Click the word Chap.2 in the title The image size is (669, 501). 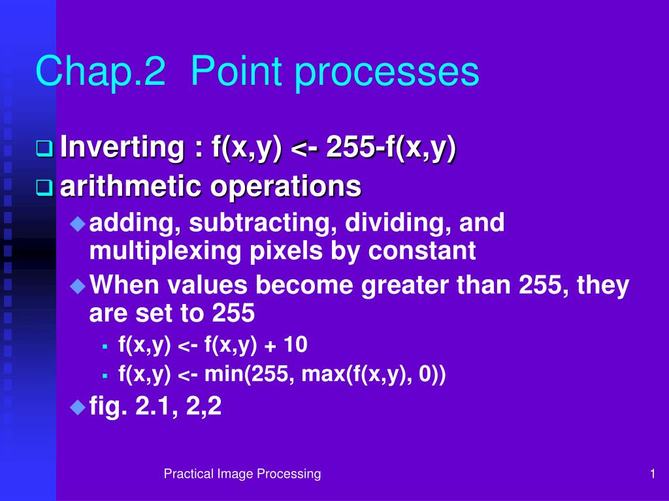point(100,71)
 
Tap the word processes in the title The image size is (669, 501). point(387,72)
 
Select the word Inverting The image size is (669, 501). point(122,147)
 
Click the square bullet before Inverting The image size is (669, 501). point(45,149)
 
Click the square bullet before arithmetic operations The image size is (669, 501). point(45,188)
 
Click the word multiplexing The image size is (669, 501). point(165,251)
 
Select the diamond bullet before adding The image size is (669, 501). point(78,224)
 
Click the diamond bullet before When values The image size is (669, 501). point(78,286)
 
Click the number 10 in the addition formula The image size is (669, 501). point(295,344)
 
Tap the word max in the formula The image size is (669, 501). point(321,374)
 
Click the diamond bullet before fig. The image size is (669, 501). point(78,407)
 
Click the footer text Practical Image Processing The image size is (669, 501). point(242,474)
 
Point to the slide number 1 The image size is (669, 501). point(653,474)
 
